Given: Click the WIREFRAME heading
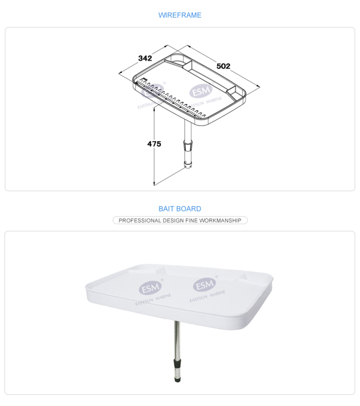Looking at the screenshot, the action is point(179,15).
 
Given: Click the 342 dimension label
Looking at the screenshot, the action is point(145,58).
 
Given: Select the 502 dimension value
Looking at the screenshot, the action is point(223,66).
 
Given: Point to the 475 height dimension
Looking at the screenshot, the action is point(154,143).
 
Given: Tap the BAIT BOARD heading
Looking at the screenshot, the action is point(179,208).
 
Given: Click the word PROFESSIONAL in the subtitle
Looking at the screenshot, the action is point(140,220).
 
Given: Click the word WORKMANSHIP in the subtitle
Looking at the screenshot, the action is point(220,220).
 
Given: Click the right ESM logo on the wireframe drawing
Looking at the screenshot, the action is point(201,90).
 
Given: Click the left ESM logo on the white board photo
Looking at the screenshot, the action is point(150,287).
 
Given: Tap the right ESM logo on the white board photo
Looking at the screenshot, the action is point(204,285).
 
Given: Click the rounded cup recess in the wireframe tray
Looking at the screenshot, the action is point(178,61).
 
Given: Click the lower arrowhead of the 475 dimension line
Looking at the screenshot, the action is point(154,184).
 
